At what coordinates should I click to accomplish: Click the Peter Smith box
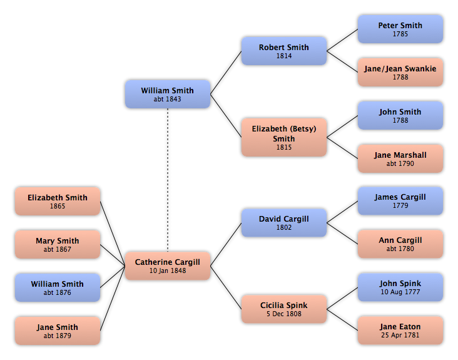[400, 29]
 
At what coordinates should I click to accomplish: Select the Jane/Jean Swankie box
[400, 72]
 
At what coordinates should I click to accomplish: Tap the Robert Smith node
[284, 51]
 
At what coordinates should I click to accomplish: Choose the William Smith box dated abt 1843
[168, 94]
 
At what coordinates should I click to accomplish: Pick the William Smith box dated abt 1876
[58, 287]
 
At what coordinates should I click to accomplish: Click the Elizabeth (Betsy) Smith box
[284, 137]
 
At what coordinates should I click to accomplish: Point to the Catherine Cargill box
[168, 266]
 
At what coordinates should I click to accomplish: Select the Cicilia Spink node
[284, 309]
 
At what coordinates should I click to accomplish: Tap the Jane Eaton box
[400, 330]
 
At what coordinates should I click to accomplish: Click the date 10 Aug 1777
[400, 292]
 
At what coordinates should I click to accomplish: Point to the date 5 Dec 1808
[284, 314]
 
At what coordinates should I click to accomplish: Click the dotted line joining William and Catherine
[168, 180]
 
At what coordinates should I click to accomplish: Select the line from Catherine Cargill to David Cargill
[226, 244]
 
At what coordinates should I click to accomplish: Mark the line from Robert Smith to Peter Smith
[342, 40]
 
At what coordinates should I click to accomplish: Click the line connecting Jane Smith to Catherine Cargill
[113, 299]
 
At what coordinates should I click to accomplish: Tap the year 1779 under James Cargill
[400, 205]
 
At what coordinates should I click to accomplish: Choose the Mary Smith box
[58, 244]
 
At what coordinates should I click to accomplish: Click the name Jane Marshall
[400, 155]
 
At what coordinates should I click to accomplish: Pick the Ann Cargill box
[400, 244]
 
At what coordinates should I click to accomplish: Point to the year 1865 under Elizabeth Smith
[58, 206]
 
